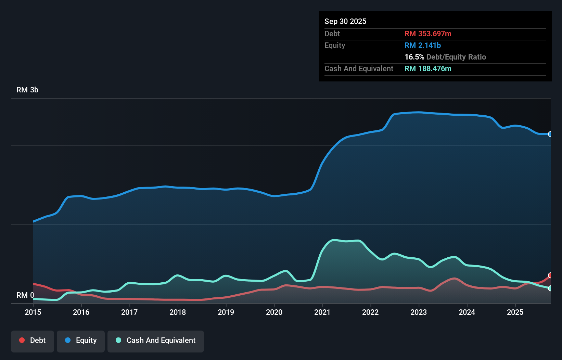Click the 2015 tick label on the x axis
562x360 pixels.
tap(33, 312)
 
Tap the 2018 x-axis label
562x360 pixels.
tap(178, 312)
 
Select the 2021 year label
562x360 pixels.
tap(322, 312)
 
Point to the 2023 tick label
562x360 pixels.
tap(419, 312)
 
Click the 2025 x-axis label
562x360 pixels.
tap(515, 312)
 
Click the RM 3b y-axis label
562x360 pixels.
tap(27, 90)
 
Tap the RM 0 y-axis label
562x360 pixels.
tap(25, 295)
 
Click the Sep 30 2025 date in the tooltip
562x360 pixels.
tap(345, 21)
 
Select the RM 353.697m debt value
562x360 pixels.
tap(428, 34)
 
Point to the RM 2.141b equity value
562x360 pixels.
tap(423, 45)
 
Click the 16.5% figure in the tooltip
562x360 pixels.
tap(414, 57)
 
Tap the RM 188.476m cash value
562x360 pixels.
tap(428, 68)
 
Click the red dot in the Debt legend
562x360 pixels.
tap(22, 340)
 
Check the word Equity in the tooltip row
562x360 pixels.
tap(335, 45)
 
